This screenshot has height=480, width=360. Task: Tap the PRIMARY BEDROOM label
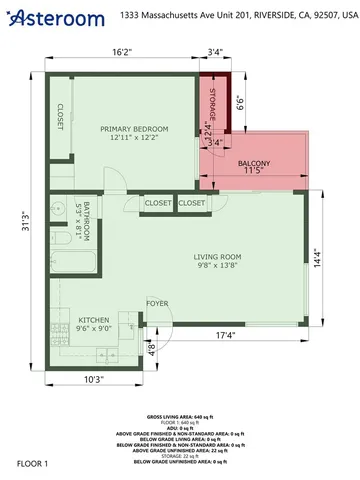(134, 129)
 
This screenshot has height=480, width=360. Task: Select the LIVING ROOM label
(217, 257)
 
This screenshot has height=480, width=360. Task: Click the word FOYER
(157, 302)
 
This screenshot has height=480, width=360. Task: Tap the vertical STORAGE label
(213, 103)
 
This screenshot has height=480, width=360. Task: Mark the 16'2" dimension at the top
(122, 52)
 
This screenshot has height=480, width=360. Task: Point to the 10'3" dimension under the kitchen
(94, 379)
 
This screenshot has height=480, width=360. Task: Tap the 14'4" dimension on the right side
(318, 257)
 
